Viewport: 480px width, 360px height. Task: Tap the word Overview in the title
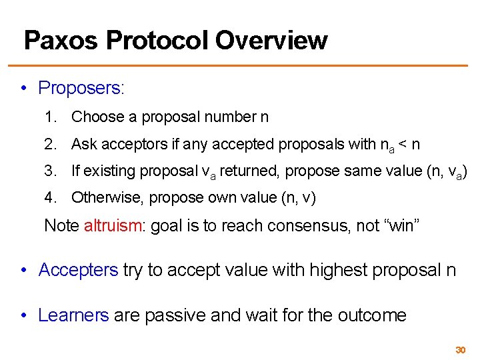[x=271, y=41]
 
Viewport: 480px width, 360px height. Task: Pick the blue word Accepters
[x=78, y=270]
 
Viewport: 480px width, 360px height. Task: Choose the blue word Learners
[x=73, y=315]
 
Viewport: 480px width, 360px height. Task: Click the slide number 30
[x=460, y=350]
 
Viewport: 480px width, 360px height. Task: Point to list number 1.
[x=50, y=117]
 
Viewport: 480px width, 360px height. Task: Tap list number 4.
[x=50, y=197]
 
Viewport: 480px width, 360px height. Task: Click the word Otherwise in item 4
[x=107, y=197]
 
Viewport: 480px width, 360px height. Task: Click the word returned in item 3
[x=251, y=171]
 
